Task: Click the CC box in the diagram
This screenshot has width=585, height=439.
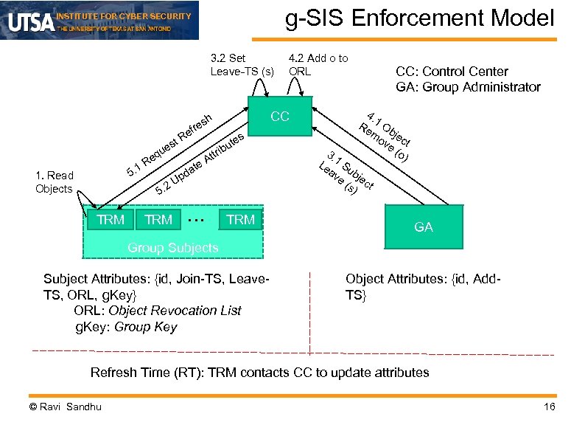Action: coord(279,117)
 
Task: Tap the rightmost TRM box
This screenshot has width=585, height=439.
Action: coord(240,219)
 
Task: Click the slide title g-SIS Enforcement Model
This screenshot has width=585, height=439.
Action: coord(419,18)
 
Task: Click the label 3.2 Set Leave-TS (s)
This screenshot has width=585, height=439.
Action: coord(242,65)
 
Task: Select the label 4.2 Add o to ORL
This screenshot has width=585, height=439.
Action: coord(318,65)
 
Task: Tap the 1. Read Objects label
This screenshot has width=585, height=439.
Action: coord(55,182)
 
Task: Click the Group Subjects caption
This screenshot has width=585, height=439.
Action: coord(172,248)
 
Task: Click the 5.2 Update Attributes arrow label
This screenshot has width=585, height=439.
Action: coord(199,167)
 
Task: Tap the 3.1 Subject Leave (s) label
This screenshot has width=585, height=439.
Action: coord(347,174)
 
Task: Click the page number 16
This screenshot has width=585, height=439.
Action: coord(548,407)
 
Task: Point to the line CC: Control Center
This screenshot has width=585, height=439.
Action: coord(452,72)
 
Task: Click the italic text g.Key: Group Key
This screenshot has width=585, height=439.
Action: coord(126,327)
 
